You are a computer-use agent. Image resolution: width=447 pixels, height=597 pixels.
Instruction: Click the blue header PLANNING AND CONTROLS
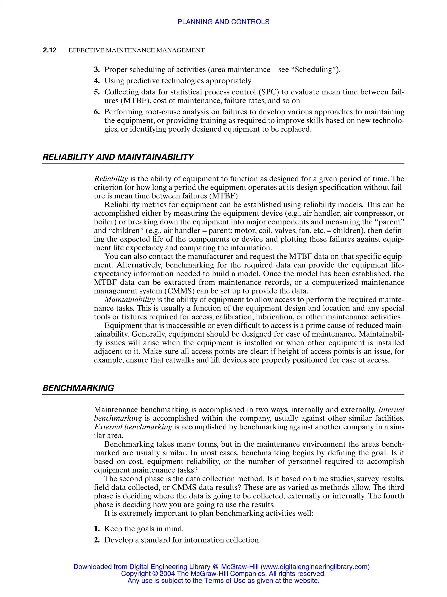click(x=223, y=22)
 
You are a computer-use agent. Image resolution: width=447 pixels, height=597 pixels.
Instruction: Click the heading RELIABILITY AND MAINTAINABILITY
click(x=118, y=157)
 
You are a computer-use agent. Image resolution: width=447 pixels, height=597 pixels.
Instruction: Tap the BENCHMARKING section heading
click(x=78, y=388)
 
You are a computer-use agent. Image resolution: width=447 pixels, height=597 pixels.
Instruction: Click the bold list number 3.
click(x=97, y=70)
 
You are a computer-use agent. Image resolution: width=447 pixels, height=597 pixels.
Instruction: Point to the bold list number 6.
click(x=97, y=112)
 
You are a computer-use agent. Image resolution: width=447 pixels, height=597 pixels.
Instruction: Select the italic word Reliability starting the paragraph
click(x=111, y=179)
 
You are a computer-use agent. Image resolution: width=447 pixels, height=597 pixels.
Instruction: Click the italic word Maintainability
click(x=130, y=300)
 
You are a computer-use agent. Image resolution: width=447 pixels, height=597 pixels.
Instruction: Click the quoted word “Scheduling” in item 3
click(x=314, y=70)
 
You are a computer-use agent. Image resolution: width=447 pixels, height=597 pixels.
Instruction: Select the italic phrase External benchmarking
click(x=133, y=427)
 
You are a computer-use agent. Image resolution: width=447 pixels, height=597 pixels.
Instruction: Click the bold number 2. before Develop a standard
click(x=97, y=540)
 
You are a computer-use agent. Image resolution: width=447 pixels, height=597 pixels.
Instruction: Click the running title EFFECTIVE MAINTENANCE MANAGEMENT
click(x=136, y=50)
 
